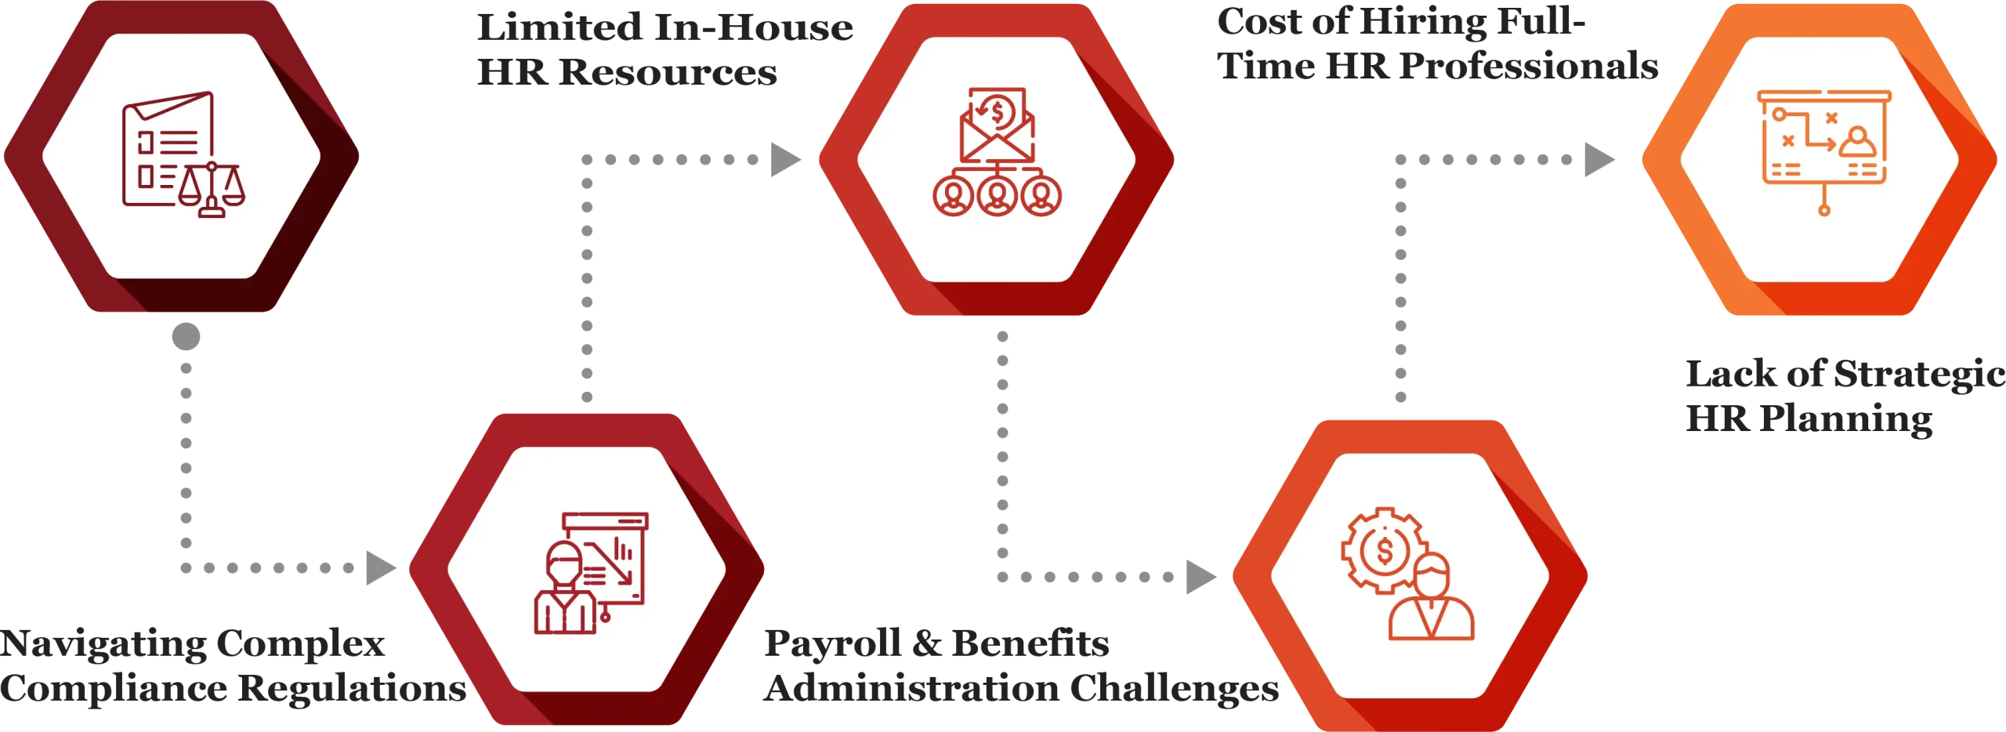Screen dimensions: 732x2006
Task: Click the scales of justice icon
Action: point(212,190)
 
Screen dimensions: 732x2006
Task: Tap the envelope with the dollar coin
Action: point(997,125)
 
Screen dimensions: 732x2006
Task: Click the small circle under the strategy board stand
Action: point(1824,210)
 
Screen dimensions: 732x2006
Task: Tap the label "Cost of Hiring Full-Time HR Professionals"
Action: point(1439,44)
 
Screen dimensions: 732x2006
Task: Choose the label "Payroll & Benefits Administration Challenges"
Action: point(1019,666)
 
